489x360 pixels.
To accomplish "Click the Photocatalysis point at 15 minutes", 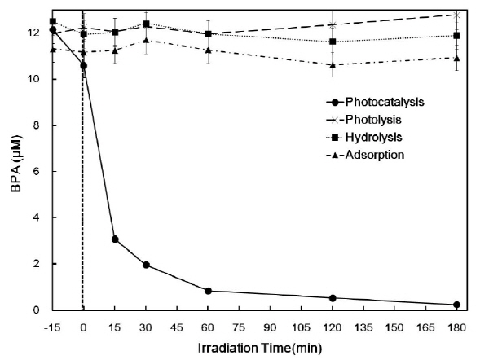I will (115, 239).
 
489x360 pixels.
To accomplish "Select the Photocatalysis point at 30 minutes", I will (146, 265).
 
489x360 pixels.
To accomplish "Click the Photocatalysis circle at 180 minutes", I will (456, 305).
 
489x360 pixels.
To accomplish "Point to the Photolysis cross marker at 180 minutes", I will (456, 15).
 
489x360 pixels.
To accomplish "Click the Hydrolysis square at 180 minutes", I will (456, 36).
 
